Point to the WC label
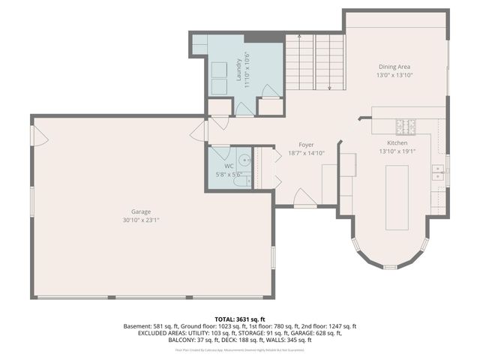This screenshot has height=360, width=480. coord(229,166)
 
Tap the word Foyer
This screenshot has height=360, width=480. coord(305,145)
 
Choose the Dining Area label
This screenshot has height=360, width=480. coord(394,67)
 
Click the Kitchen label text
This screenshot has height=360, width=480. coord(397,142)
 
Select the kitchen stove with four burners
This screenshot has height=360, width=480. coord(406,124)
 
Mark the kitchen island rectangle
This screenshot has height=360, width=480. coord(397,197)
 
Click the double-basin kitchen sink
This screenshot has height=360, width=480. coord(438,174)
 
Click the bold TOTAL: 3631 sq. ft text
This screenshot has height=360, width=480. coord(240,319)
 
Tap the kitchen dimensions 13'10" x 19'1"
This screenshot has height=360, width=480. coord(397,151)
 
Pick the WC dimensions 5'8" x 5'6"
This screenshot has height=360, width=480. coord(229,174)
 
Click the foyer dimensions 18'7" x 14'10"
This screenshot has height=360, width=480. coord(305,153)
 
